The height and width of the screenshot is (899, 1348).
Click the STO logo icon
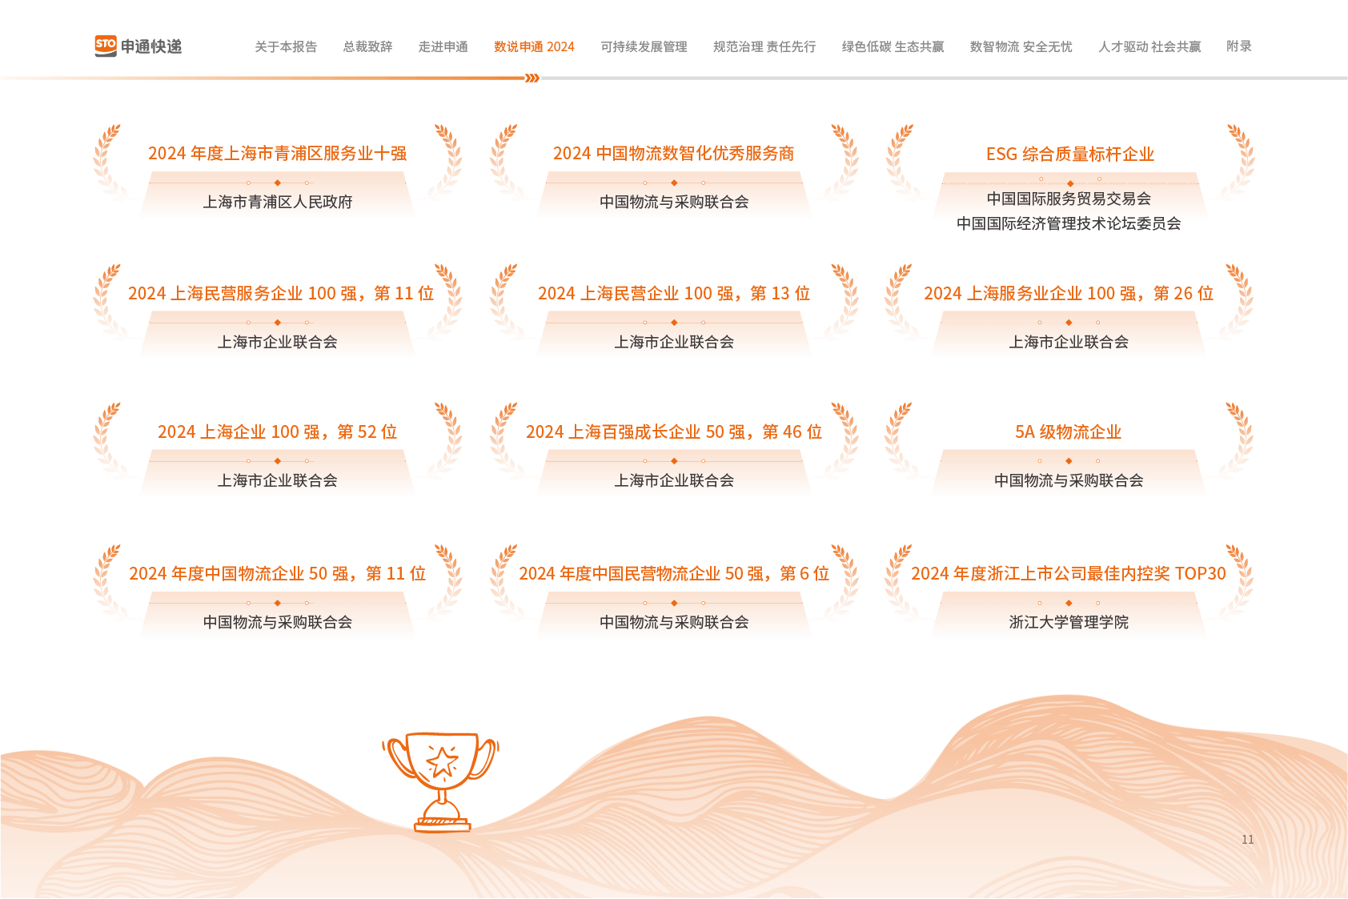click(x=106, y=46)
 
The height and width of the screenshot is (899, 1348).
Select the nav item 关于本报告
click(x=286, y=47)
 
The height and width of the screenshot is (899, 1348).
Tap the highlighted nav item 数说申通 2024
click(x=534, y=47)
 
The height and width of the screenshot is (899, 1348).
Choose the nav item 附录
click(x=1238, y=46)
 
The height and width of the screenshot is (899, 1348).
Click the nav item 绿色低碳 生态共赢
click(x=893, y=47)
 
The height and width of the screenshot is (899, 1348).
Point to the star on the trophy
click(x=442, y=761)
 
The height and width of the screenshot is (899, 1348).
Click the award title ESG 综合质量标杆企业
click(x=1069, y=154)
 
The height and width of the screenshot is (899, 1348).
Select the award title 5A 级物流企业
click(x=1068, y=432)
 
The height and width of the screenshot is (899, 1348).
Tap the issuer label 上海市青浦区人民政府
click(x=278, y=202)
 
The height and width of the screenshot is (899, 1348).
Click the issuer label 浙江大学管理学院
click(x=1069, y=622)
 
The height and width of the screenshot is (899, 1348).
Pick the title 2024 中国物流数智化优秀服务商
click(x=673, y=154)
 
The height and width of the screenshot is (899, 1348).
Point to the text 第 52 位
click(x=367, y=432)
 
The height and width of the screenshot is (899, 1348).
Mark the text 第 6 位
click(x=804, y=574)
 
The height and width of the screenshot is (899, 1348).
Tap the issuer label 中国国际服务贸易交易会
click(x=1069, y=199)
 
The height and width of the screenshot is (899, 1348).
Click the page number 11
click(x=1247, y=840)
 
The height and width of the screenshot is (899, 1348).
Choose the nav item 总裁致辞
click(x=367, y=47)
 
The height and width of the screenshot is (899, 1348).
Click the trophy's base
click(x=443, y=822)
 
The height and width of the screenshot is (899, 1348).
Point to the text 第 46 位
click(x=792, y=432)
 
